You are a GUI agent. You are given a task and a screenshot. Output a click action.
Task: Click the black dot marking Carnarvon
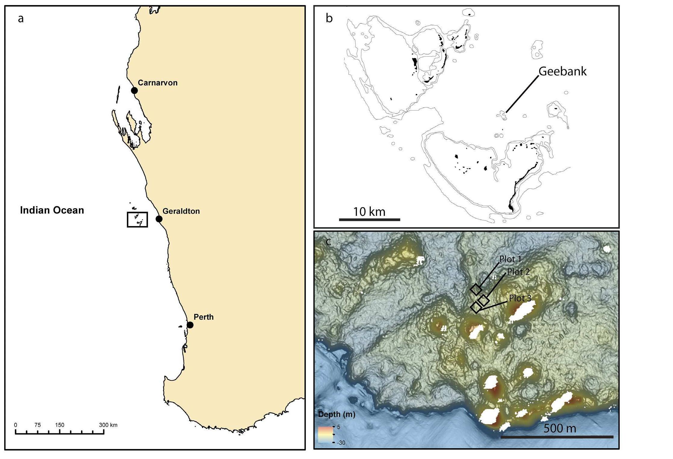point(134,90)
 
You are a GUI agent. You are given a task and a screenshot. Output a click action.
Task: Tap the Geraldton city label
point(181,211)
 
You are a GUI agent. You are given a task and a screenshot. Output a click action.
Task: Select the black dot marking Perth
point(190,325)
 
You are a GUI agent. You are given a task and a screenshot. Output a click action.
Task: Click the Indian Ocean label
point(52,210)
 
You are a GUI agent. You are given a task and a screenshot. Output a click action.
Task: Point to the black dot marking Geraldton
point(159,219)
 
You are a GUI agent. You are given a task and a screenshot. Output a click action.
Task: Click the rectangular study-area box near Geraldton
point(137,219)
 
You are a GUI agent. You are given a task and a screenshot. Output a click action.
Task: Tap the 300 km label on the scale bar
point(108,425)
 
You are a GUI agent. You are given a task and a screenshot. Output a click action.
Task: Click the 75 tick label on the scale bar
point(37,425)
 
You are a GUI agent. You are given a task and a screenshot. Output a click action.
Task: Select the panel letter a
point(21,19)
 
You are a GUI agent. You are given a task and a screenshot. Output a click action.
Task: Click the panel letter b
point(329,19)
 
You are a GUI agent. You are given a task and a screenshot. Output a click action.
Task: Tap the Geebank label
point(562,71)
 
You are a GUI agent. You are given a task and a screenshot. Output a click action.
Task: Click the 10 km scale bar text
point(369,212)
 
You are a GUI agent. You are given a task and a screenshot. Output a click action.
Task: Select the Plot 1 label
point(510,259)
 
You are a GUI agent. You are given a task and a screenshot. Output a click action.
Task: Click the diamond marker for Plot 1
point(476,289)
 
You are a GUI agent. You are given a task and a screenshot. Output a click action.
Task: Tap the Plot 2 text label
point(518,272)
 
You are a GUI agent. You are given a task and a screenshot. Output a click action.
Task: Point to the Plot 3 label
point(520,298)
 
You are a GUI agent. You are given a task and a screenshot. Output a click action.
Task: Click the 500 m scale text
point(560,428)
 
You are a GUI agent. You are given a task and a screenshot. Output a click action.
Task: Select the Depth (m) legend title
point(336,414)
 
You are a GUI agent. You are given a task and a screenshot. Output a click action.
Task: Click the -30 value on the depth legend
point(341,443)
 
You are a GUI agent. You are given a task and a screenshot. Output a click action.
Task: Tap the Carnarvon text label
point(157,83)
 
